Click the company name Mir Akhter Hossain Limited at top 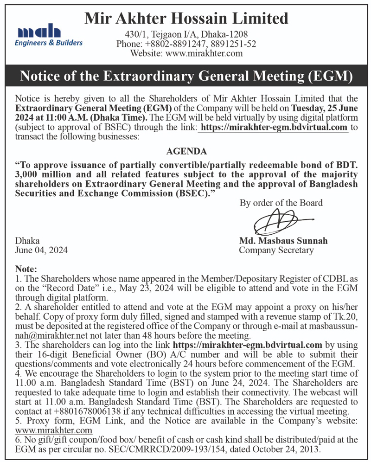point(186,19)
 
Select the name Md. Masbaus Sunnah point(283,241)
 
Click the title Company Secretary point(276,250)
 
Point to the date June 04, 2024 point(42,250)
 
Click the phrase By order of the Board point(281,203)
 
